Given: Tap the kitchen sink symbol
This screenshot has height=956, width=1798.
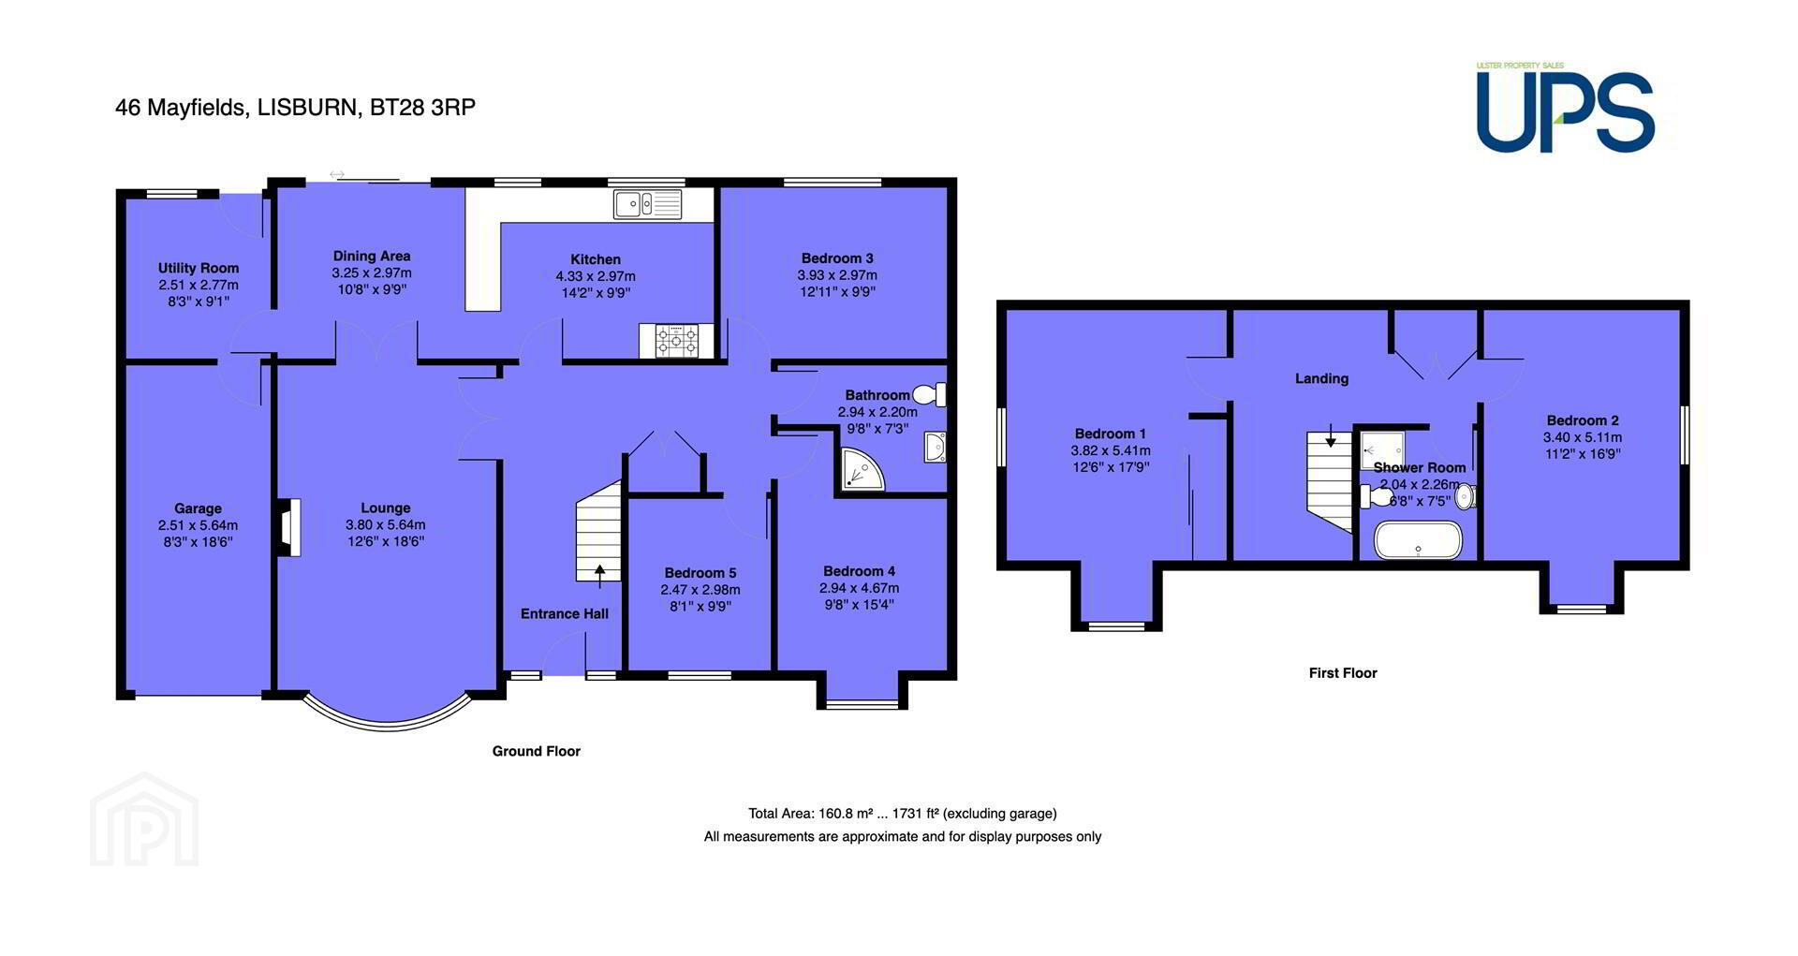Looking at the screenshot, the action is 648,203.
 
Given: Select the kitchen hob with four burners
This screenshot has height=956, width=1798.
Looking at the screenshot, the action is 676,340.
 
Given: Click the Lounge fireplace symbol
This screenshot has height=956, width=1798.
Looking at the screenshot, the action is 288,528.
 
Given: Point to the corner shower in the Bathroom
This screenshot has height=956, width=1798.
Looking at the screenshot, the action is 861,470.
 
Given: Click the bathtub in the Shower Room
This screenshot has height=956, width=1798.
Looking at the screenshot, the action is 1418,539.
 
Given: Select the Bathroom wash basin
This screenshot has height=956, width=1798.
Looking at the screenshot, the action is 935,448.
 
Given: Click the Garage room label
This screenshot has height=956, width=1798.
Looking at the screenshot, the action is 198,508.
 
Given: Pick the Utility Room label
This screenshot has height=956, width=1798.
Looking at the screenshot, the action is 199,268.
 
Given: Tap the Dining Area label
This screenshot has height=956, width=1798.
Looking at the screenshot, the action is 372,256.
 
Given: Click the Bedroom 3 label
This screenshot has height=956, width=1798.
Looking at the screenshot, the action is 837,258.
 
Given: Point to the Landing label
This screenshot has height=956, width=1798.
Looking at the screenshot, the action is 1321,378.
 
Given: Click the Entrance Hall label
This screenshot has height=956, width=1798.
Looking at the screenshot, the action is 565,613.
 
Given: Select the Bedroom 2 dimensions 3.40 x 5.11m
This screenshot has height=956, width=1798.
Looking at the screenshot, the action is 1583,437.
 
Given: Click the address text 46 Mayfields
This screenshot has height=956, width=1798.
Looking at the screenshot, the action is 182,108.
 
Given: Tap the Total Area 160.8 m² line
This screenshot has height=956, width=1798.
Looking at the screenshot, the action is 903,814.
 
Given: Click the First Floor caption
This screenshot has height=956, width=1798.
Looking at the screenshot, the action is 1343,672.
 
